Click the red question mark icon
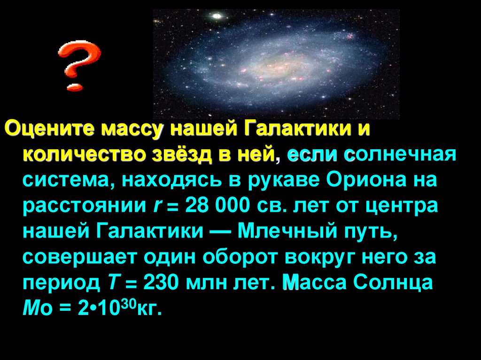(79, 66)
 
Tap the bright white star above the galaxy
(217, 15)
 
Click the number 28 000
(217, 205)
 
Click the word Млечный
(287, 230)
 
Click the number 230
(161, 282)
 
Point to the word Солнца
(393, 282)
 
